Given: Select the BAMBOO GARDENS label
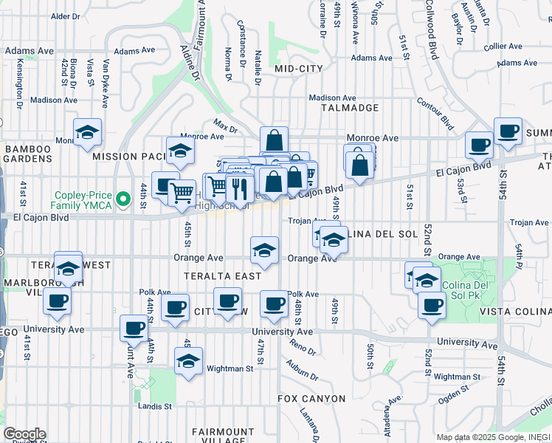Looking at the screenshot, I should (28, 149).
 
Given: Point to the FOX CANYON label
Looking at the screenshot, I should (311, 399).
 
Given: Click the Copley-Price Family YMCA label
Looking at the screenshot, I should (81, 201).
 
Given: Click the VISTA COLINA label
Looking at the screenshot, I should (515, 313).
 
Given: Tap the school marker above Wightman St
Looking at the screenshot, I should (189, 362).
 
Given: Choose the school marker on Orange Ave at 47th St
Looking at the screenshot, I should (264, 250).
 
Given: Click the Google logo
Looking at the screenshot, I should (24, 434).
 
